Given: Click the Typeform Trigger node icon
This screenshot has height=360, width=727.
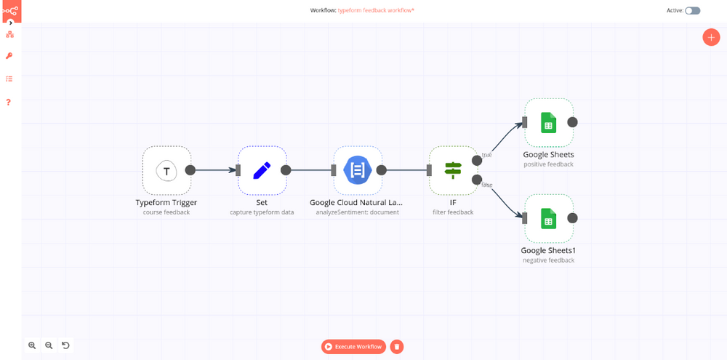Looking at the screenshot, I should (166, 171).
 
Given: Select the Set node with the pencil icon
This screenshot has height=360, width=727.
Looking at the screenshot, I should (262, 171).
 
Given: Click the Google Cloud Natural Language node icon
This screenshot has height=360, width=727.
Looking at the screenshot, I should (358, 171).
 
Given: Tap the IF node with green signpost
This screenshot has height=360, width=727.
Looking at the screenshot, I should (453, 171).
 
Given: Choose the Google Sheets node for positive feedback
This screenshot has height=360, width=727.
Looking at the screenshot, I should (548, 123).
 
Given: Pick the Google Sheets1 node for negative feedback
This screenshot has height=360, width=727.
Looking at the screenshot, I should (548, 218).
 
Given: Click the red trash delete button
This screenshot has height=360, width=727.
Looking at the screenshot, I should (397, 347).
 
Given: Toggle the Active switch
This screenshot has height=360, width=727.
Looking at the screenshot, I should (693, 11).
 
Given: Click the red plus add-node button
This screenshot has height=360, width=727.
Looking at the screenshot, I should (711, 38).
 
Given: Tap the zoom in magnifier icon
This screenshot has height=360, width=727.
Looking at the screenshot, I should (32, 345).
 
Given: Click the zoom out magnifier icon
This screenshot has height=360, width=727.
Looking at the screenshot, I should (49, 345).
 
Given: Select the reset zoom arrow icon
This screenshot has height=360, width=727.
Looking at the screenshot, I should (65, 345).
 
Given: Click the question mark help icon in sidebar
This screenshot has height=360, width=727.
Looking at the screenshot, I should (9, 102).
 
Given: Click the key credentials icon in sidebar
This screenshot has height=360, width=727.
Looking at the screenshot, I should (9, 56).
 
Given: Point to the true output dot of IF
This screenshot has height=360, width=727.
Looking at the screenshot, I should (477, 160).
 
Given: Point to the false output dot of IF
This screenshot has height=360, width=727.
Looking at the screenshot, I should (477, 180).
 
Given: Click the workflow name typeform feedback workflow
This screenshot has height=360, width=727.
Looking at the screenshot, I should (376, 11).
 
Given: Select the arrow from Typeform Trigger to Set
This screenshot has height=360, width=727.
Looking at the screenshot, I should (214, 170).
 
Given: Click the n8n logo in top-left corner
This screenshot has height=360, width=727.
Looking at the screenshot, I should (10, 10).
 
